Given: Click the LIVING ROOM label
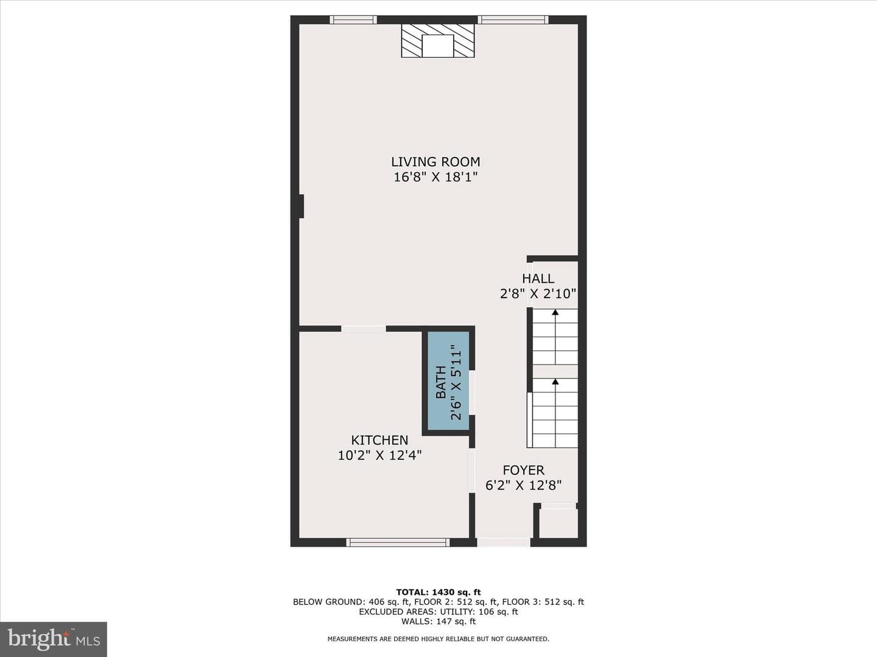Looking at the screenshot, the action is [x=435, y=162].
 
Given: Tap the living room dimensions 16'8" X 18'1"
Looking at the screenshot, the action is [x=435, y=177].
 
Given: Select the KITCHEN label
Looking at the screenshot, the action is [x=379, y=440].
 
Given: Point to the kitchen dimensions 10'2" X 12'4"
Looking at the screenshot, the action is [x=379, y=455].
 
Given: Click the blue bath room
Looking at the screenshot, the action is [x=448, y=381].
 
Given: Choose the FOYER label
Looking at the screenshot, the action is [x=523, y=470].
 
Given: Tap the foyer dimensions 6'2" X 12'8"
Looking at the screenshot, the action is [x=523, y=485].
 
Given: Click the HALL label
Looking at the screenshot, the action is [x=538, y=279].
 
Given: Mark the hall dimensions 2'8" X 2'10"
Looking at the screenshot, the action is [x=538, y=294].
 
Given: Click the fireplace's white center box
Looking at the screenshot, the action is [x=438, y=46].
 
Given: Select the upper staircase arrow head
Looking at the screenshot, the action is [x=555, y=312].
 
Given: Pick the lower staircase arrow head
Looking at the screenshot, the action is [x=555, y=382].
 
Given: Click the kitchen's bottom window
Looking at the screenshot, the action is [x=398, y=542].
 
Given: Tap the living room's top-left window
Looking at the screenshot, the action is [x=353, y=19].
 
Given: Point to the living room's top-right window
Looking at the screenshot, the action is [x=513, y=19].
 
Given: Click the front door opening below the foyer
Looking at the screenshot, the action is [x=504, y=542].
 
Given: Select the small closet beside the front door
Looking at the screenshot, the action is [x=558, y=523].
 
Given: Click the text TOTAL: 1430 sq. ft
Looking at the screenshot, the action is [x=438, y=592].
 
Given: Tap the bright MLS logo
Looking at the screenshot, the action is [x=54, y=639].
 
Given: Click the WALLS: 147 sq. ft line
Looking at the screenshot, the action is [x=438, y=621].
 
